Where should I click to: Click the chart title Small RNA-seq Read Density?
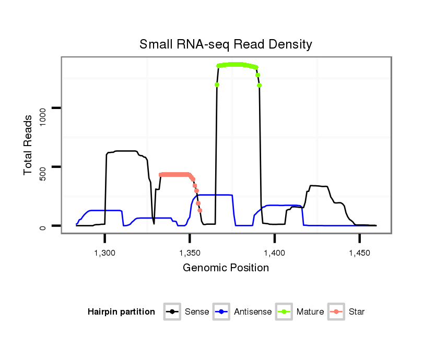(226, 44)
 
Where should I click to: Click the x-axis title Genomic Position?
(226, 268)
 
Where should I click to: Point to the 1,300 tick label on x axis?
(105, 253)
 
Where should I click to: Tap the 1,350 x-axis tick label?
(190, 253)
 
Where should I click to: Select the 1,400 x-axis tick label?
(275, 253)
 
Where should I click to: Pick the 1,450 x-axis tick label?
(359, 253)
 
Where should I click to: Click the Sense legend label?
(197, 312)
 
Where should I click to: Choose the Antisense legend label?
(253, 312)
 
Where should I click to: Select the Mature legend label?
(310, 312)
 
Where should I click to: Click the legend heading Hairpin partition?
(121, 312)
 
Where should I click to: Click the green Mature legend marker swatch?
(285, 312)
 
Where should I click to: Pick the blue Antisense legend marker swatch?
(222, 312)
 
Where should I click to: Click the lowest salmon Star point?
(200, 210)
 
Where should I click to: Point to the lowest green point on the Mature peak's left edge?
(217, 85)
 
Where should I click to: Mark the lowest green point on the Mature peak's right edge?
(259, 85)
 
